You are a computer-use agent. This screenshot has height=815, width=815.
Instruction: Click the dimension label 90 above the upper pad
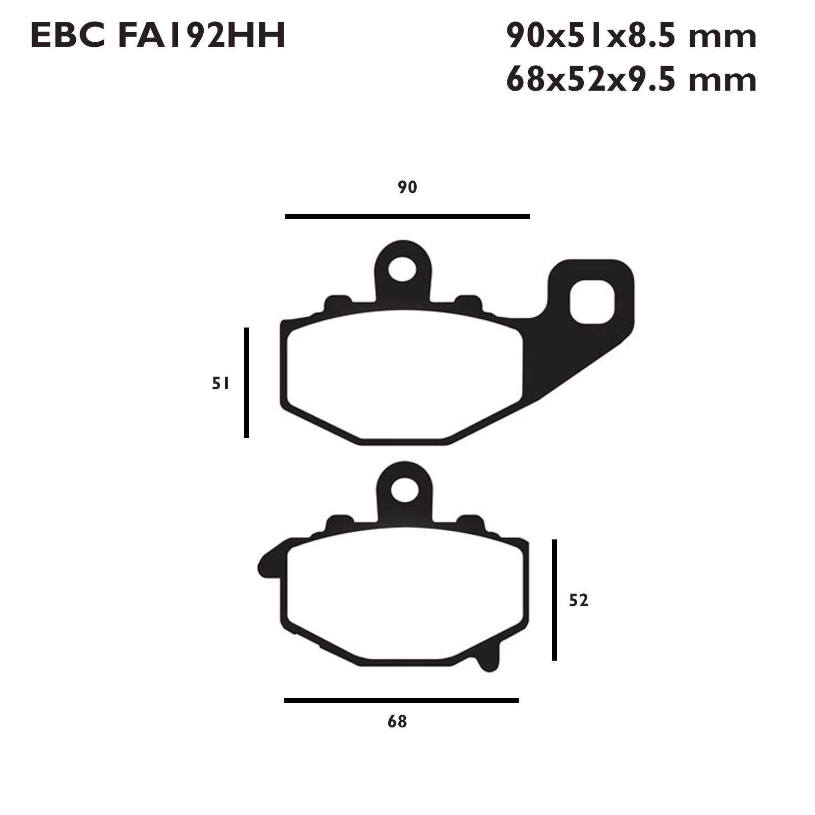pos(407,187)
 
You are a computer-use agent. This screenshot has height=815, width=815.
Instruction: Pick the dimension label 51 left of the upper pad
pos(221,384)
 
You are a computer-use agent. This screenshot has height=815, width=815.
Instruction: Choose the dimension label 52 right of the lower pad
pos(579,601)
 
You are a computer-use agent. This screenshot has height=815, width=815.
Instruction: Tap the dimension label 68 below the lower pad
pos(397,722)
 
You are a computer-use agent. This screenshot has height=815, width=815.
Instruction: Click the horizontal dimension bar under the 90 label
pos(407,216)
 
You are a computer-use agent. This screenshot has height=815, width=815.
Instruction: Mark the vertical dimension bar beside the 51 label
pos(247,383)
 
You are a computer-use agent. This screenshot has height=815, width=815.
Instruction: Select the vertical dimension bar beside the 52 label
pos(555,600)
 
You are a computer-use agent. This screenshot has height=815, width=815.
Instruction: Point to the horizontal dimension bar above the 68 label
pos(401,700)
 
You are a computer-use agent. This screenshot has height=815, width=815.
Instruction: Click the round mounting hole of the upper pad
pos(402,269)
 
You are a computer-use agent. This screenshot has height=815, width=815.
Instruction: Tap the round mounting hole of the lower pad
pos(405,491)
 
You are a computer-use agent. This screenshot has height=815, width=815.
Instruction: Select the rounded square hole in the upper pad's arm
pos(592,302)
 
